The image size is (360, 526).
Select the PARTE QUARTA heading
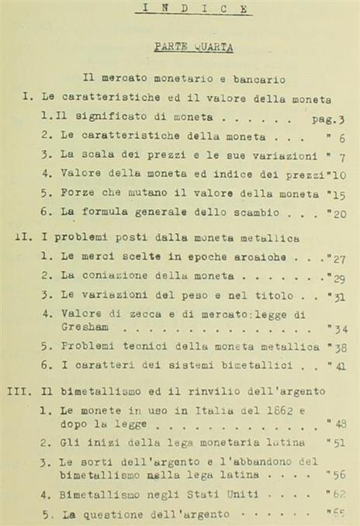[x=193, y=47]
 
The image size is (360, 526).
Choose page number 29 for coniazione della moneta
[x=337, y=277]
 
